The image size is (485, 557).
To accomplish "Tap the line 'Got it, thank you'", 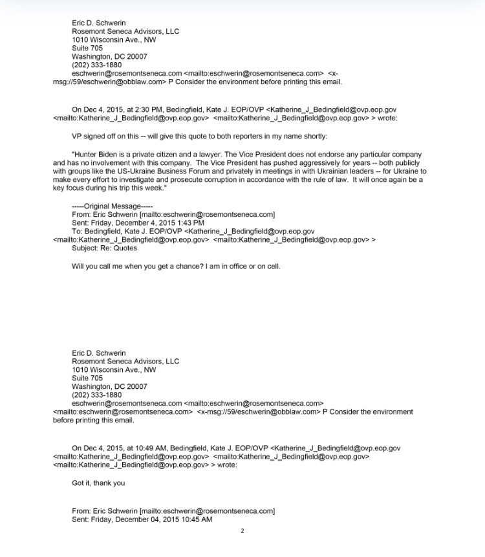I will click(98, 483).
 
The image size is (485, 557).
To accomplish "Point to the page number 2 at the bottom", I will click(242, 531).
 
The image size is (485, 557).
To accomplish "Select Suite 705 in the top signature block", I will click(87, 48).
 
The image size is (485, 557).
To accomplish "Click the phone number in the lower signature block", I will click(96, 395).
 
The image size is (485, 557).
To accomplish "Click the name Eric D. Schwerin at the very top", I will click(98, 23).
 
